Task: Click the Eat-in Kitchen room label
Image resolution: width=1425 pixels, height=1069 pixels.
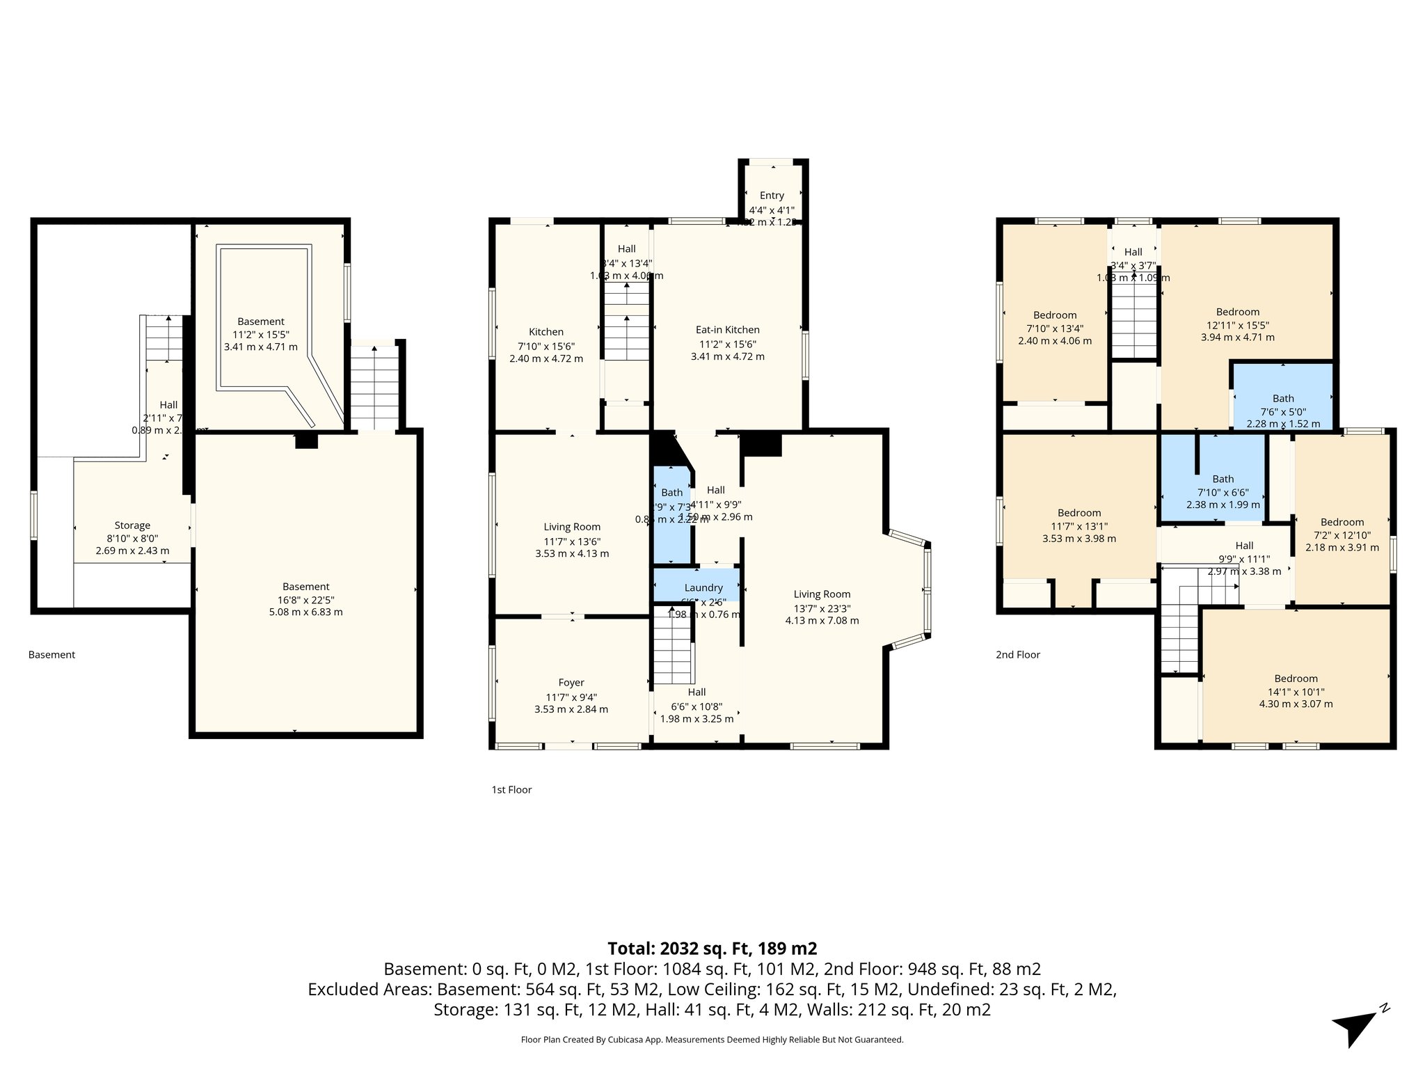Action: click(x=727, y=330)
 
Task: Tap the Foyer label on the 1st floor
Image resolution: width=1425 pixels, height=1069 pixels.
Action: click(x=571, y=683)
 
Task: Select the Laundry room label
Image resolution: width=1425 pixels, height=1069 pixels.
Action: click(x=703, y=588)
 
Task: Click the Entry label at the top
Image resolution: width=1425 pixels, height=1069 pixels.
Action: click(x=772, y=196)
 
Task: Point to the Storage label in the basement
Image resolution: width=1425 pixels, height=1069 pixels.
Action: click(x=132, y=525)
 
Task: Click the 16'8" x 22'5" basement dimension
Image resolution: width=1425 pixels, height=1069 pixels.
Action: click(x=305, y=600)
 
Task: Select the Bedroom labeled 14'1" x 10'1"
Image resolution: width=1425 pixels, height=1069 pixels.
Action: click(x=1296, y=679)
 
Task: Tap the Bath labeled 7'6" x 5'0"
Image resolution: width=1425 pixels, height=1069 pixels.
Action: click(x=1283, y=399)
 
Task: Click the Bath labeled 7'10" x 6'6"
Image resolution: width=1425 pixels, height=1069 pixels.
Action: click(x=1223, y=479)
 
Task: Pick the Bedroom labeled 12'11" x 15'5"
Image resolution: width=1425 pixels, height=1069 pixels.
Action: click(x=1237, y=312)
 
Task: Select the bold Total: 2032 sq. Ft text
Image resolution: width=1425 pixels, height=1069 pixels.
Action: click(x=712, y=949)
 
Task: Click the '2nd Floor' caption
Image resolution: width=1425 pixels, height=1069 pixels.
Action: click(x=1017, y=655)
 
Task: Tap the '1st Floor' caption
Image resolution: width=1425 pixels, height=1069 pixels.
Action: click(x=511, y=790)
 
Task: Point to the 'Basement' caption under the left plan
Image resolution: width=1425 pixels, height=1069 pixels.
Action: click(x=51, y=655)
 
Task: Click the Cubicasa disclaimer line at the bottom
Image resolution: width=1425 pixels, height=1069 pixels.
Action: click(x=712, y=1040)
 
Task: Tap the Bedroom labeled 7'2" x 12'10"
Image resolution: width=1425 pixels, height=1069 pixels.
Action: click(x=1342, y=522)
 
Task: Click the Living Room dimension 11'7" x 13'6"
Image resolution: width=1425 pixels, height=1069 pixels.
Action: click(x=571, y=541)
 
